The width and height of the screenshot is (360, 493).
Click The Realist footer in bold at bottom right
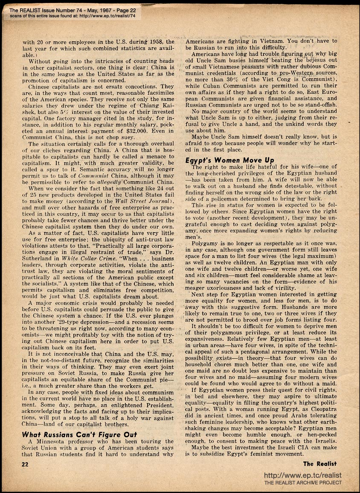320,464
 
